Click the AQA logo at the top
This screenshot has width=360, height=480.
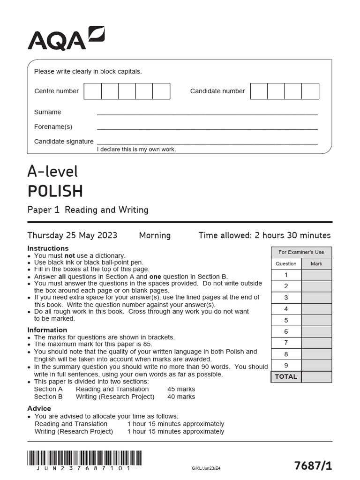pyautogui.click(x=66, y=38)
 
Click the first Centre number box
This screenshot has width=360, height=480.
pyautogui.click(x=93, y=91)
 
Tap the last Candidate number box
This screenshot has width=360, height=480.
pyautogui.click(x=310, y=91)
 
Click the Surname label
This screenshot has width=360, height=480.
pyautogui.click(x=47, y=112)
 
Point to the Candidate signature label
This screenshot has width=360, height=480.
pyautogui.click(x=64, y=141)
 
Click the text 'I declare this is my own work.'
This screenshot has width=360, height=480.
pyautogui.click(x=136, y=149)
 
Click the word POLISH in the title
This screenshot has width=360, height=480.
pyautogui.click(x=55, y=191)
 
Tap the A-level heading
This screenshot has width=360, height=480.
pyautogui.click(x=52, y=172)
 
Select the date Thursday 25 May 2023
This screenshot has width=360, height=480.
pyautogui.click(x=72, y=235)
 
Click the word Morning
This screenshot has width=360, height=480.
pyautogui.click(x=155, y=235)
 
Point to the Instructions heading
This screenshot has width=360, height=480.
pyautogui.click(x=48, y=248)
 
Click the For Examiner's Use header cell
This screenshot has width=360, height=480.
pyautogui.click(x=301, y=252)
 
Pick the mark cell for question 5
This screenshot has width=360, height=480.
pyautogui.click(x=316, y=320)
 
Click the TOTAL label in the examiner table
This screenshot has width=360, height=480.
pyautogui.click(x=286, y=377)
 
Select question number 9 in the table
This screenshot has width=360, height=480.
pyautogui.click(x=286, y=365)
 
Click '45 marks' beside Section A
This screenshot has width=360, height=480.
pyautogui.click(x=181, y=389)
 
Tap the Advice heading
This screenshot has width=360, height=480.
pyautogui.click(x=39, y=408)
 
